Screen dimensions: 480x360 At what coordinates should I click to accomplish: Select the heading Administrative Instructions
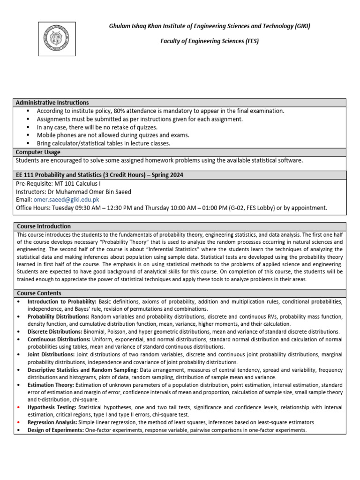[52, 103]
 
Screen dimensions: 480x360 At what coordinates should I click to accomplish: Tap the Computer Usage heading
[38, 152]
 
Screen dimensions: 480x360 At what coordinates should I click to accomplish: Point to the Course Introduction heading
[44, 226]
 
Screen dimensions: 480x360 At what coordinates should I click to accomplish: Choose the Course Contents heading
[40, 293]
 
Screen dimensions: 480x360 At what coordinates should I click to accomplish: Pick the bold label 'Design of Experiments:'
[56, 430]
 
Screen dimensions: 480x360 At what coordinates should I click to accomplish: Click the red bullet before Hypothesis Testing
[18, 407]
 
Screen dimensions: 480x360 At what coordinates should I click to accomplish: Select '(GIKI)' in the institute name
[300, 26]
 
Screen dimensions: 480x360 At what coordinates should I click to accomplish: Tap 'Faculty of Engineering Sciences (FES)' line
[210, 41]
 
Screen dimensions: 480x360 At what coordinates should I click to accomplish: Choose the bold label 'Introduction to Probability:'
[62, 301]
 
